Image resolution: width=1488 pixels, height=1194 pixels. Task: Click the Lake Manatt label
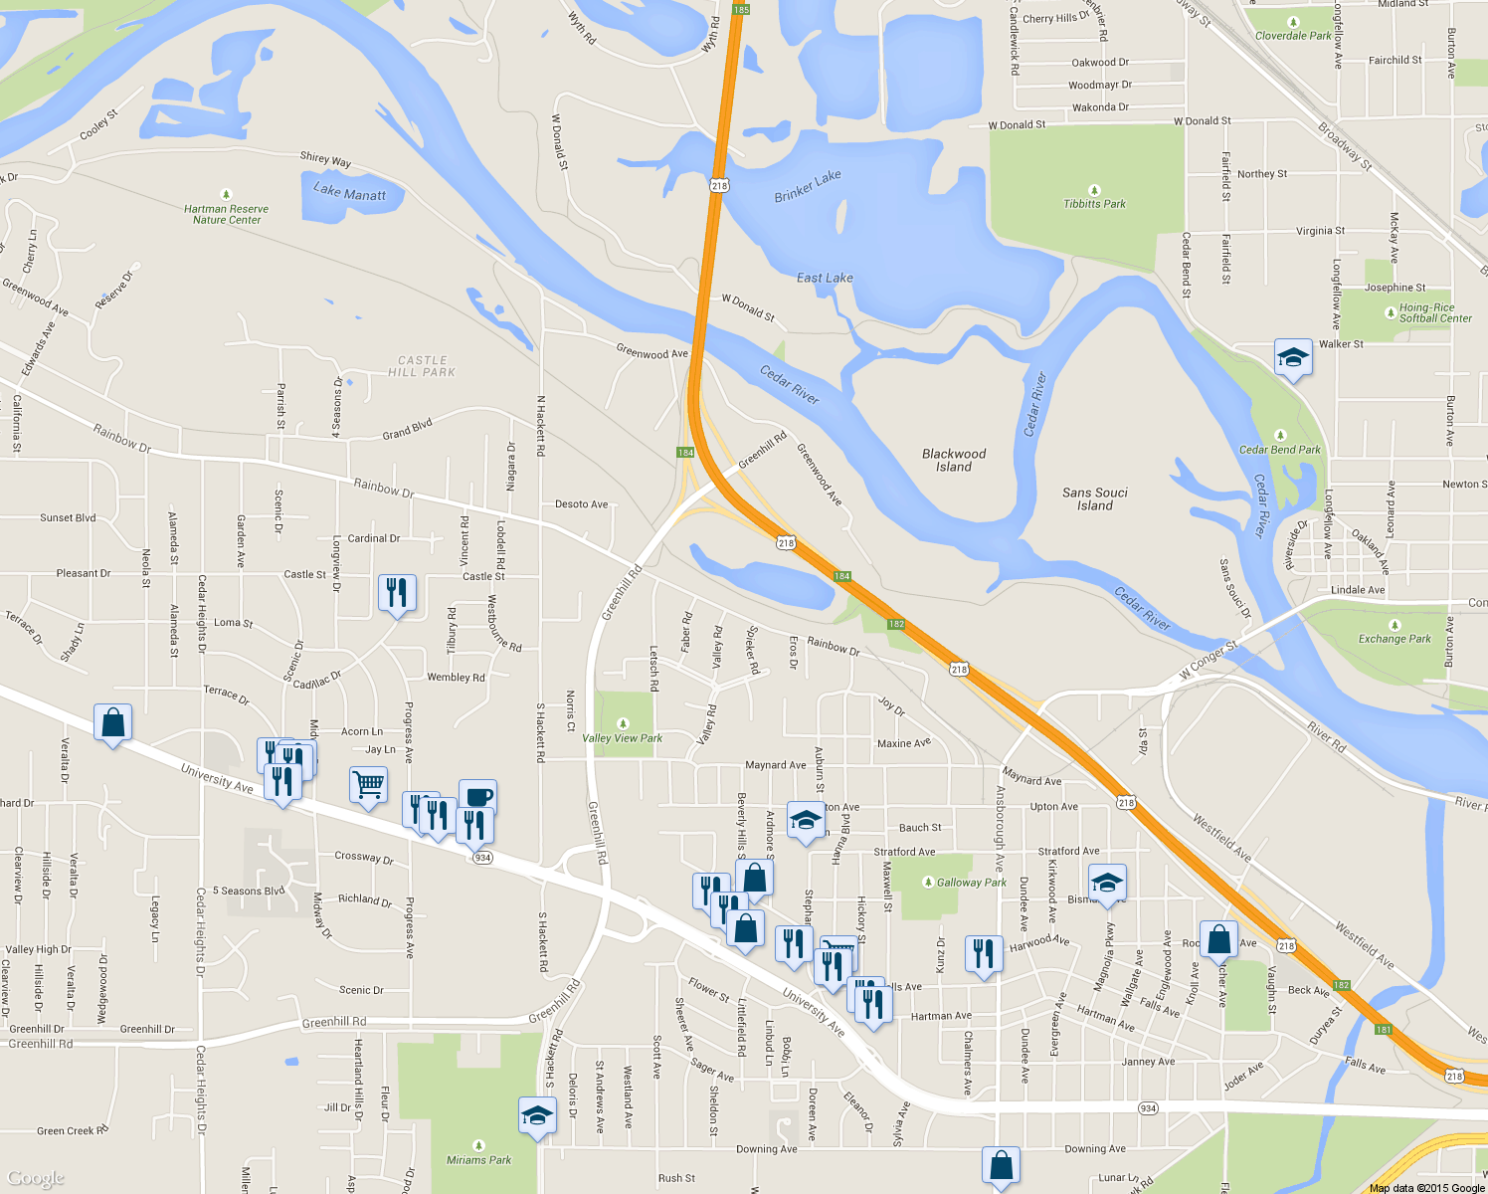coord(349,191)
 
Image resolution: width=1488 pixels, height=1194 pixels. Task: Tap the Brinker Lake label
coord(808,186)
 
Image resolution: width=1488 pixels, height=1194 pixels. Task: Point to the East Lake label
coord(825,278)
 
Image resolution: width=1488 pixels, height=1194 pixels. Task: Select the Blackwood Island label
coord(954,460)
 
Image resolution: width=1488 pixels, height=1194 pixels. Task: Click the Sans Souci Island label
coord(1095,498)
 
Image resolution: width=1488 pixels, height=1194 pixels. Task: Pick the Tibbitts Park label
coord(1094,203)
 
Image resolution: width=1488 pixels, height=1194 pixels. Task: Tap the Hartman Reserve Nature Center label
coord(226,214)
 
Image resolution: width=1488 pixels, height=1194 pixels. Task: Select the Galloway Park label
coord(971,882)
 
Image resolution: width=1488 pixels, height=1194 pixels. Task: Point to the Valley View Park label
coord(622,737)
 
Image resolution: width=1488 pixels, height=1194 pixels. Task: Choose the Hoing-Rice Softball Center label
coord(1434,312)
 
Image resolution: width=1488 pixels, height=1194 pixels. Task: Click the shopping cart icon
coord(368,785)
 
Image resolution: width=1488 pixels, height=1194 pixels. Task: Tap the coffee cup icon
coord(477,796)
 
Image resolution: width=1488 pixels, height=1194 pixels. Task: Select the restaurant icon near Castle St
coord(397,592)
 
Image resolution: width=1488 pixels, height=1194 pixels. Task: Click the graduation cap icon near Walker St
coord(1292,357)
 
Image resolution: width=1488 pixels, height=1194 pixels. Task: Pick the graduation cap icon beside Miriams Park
coord(537,1115)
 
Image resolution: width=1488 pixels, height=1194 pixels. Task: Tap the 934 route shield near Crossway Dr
coord(482,858)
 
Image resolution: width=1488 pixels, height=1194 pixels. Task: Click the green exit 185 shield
coord(740,9)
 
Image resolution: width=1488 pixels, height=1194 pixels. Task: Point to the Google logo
coord(36,1178)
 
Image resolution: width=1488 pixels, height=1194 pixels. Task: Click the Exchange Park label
coord(1395,639)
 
